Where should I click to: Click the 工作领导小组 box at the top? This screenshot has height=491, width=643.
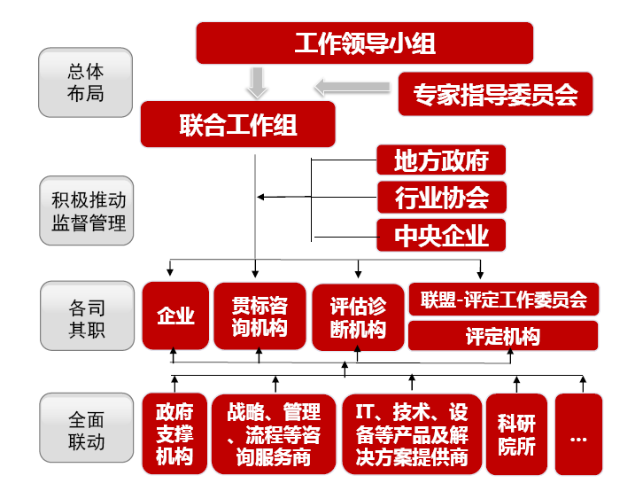coord(364,43)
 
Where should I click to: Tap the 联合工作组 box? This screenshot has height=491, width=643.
coord(237,124)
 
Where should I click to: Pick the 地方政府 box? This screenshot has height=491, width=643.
coord(441,160)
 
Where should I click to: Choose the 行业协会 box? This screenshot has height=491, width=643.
coord(441,198)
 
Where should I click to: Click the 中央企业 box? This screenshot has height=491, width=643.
coord(441,236)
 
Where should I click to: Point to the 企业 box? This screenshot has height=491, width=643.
coord(175,316)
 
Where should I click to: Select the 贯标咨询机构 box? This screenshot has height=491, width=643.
coord(260,316)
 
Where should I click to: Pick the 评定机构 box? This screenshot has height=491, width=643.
coord(503,337)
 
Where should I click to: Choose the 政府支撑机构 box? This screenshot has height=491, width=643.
coord(174,435)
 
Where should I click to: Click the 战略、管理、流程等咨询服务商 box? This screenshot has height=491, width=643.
coord(274,435)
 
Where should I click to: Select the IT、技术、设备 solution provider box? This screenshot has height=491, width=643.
coord(411,435)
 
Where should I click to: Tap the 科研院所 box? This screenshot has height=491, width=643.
coord(516,435)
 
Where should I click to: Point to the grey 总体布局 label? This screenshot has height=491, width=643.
coord(85,82)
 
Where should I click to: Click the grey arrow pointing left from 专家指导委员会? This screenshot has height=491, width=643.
coord(352,87)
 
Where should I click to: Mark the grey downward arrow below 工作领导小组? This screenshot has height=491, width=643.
coord(257,83)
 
